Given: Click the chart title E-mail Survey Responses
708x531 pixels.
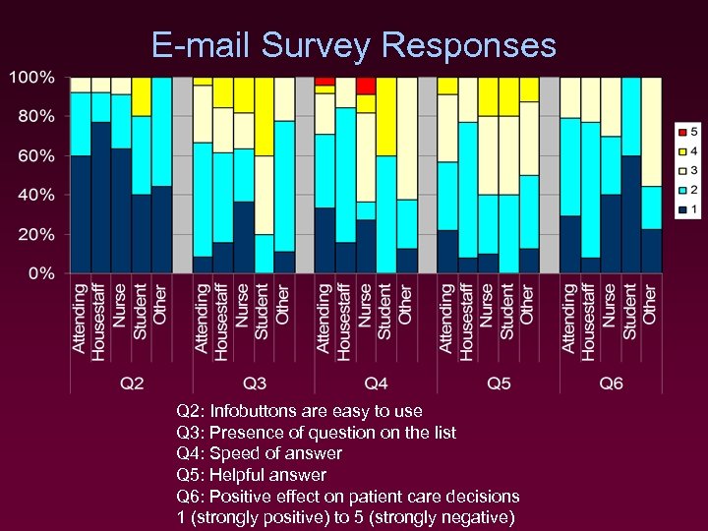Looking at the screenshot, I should [x=354, y=45].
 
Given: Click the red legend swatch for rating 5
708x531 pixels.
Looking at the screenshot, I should [x=681, y=132].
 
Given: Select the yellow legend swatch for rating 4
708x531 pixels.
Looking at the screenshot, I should [x=681, y=150].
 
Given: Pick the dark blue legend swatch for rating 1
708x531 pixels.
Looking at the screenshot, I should [x=681, y=208].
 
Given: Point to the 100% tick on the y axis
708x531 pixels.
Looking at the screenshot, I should [x=32, y=77].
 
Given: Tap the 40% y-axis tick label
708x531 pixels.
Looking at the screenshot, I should [x=36, y=195].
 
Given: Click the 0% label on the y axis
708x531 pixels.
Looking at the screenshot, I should [x=40, y=273].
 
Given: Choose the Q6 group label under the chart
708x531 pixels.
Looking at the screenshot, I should [x=611, y=383].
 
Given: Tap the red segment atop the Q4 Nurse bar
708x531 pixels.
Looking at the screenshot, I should [x=366, y=86].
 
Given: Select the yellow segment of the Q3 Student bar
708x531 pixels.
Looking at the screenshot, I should [x=264, y=116].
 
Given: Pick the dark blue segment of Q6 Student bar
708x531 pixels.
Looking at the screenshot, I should [x=630, y=214].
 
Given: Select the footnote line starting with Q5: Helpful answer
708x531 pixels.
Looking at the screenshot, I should [x=251, y=475].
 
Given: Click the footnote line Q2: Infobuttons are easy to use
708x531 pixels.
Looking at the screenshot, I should [x=299, y=411].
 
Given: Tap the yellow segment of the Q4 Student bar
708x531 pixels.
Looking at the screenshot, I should [x=386, y=116].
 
